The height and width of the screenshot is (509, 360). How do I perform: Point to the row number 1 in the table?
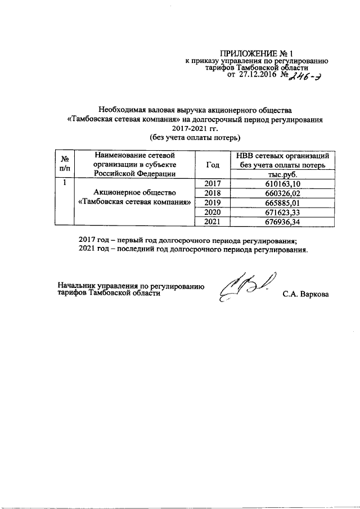[65, 183]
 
